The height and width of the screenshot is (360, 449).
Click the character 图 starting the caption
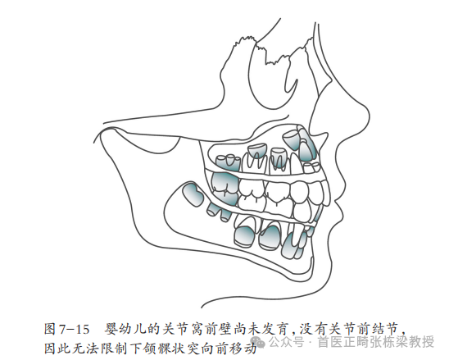pos(50,329)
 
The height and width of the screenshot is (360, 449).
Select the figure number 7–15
pos(75,330)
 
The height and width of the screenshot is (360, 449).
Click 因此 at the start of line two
pos(57,348)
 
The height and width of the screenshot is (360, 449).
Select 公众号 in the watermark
pos(287,342)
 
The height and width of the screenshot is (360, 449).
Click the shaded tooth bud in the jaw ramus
pos(193,194)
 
